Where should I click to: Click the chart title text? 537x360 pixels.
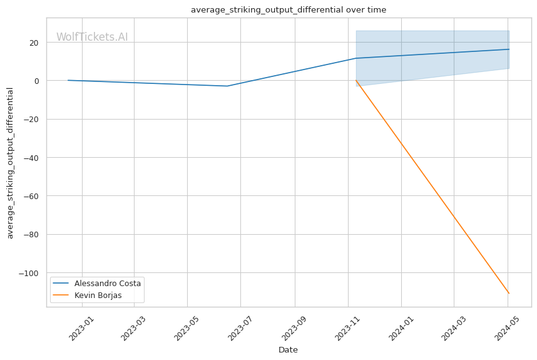click(289, 10)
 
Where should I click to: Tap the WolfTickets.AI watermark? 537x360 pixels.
click(92, 37)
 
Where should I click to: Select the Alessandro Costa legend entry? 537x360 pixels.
click(107, 284)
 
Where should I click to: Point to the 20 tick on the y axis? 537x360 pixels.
click(33, 43)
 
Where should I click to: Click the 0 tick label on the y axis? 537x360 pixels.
click(36, 81)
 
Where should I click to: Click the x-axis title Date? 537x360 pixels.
click(288, 350)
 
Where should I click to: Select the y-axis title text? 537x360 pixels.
click(11, 163)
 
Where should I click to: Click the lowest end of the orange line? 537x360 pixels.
click(509, 293)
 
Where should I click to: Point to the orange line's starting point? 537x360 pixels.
click(356, 80)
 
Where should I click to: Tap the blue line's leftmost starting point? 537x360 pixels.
click(68, 80)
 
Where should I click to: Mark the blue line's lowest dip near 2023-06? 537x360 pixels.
click(227, 86)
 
